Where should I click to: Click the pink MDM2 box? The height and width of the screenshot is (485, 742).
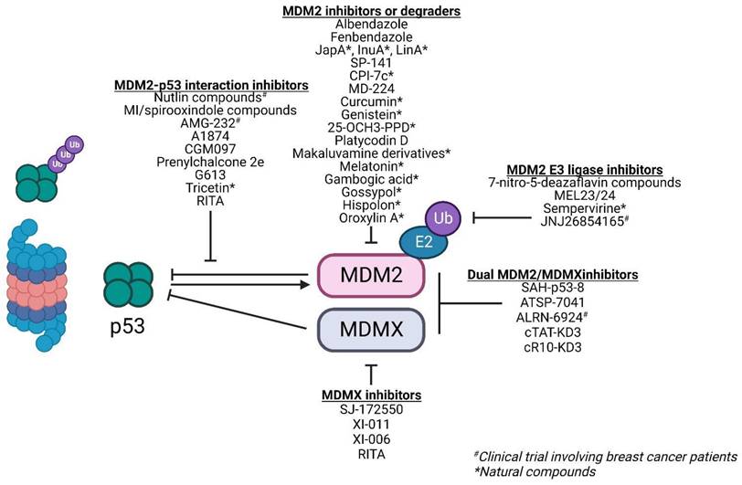coord(370,273)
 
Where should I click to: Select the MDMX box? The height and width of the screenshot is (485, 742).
coord(370,327)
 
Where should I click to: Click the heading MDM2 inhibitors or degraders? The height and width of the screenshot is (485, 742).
coord(372,11)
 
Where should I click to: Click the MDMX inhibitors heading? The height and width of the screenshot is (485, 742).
coord(371,395)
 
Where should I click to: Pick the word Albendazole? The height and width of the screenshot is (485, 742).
coord(372,25)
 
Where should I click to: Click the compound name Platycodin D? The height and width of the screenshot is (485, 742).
coord(372,139)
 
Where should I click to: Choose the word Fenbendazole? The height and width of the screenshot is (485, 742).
coord(372,39)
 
